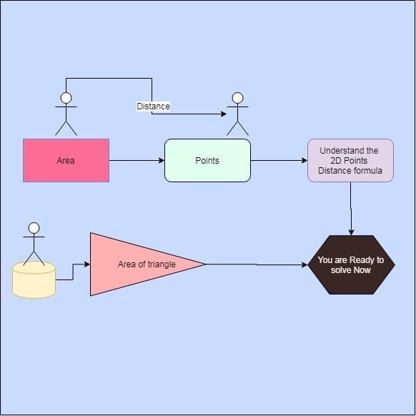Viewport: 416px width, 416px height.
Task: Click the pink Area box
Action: [66, 161]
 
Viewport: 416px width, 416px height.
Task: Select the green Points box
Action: [207, 161]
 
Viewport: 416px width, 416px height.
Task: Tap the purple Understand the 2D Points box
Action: [350, 161]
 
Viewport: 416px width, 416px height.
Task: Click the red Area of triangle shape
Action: [136, 264]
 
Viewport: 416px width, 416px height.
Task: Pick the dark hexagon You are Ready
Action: [350, 264]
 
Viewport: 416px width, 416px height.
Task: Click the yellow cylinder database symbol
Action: [34, 279]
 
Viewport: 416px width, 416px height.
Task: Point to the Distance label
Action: [154, 107]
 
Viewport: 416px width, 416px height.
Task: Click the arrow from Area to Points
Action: [137, 161]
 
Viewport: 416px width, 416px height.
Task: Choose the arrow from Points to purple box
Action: [279, 161]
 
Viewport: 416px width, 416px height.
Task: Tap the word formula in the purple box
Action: [365, 170]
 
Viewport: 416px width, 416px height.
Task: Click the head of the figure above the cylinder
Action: [33, 228]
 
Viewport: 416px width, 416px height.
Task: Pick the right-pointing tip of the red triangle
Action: [204, 264]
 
